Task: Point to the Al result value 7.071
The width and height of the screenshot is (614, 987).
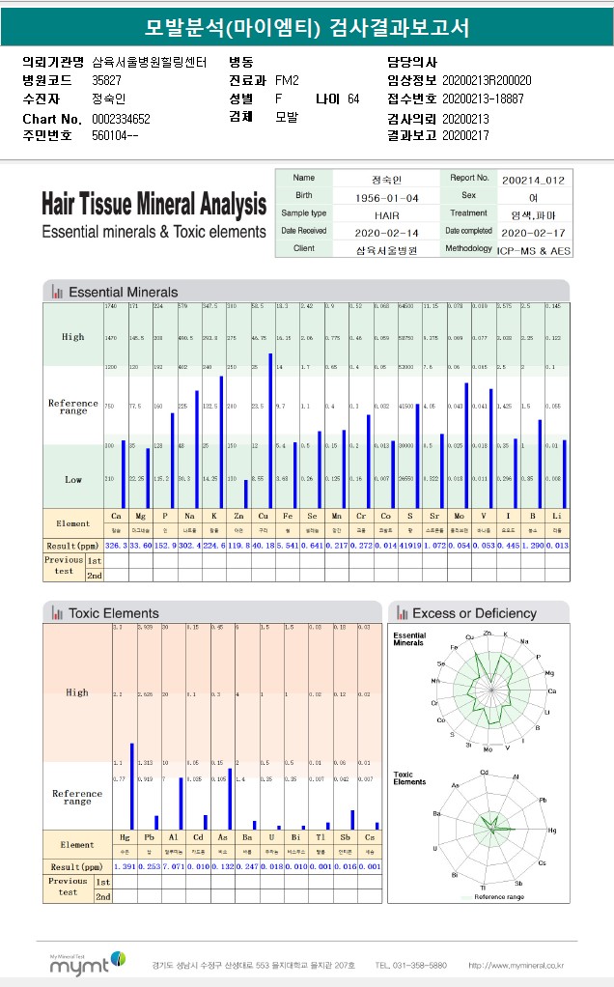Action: coord(174,866)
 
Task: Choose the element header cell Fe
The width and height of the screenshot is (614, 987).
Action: coord(284,517)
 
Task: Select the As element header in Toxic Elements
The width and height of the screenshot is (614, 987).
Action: coord(223,838)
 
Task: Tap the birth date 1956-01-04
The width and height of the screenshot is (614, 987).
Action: coord(386,197)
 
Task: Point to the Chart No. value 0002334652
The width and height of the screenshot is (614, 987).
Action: coord(121,118)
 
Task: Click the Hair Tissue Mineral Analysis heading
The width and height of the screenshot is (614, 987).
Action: coord(153,205)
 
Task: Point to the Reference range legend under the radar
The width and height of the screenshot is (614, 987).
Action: coord(501,898)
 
